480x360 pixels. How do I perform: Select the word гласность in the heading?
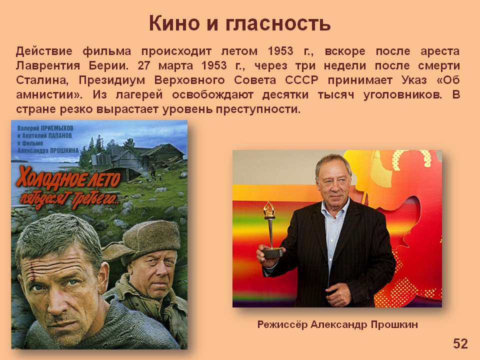click(278, 24)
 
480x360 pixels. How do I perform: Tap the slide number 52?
click(460, 344)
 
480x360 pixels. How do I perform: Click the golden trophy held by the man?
click(271, 229)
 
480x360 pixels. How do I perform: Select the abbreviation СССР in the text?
click(301, 80)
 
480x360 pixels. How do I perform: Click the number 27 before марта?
click(143, 65)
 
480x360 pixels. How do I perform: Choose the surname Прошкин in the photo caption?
click(394, 324)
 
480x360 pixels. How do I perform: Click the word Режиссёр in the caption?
click(282, 324)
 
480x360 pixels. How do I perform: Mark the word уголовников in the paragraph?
click(402, 95)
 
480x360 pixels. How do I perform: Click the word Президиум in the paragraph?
click(111, 80)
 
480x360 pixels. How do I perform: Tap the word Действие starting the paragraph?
click(44, 51)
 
